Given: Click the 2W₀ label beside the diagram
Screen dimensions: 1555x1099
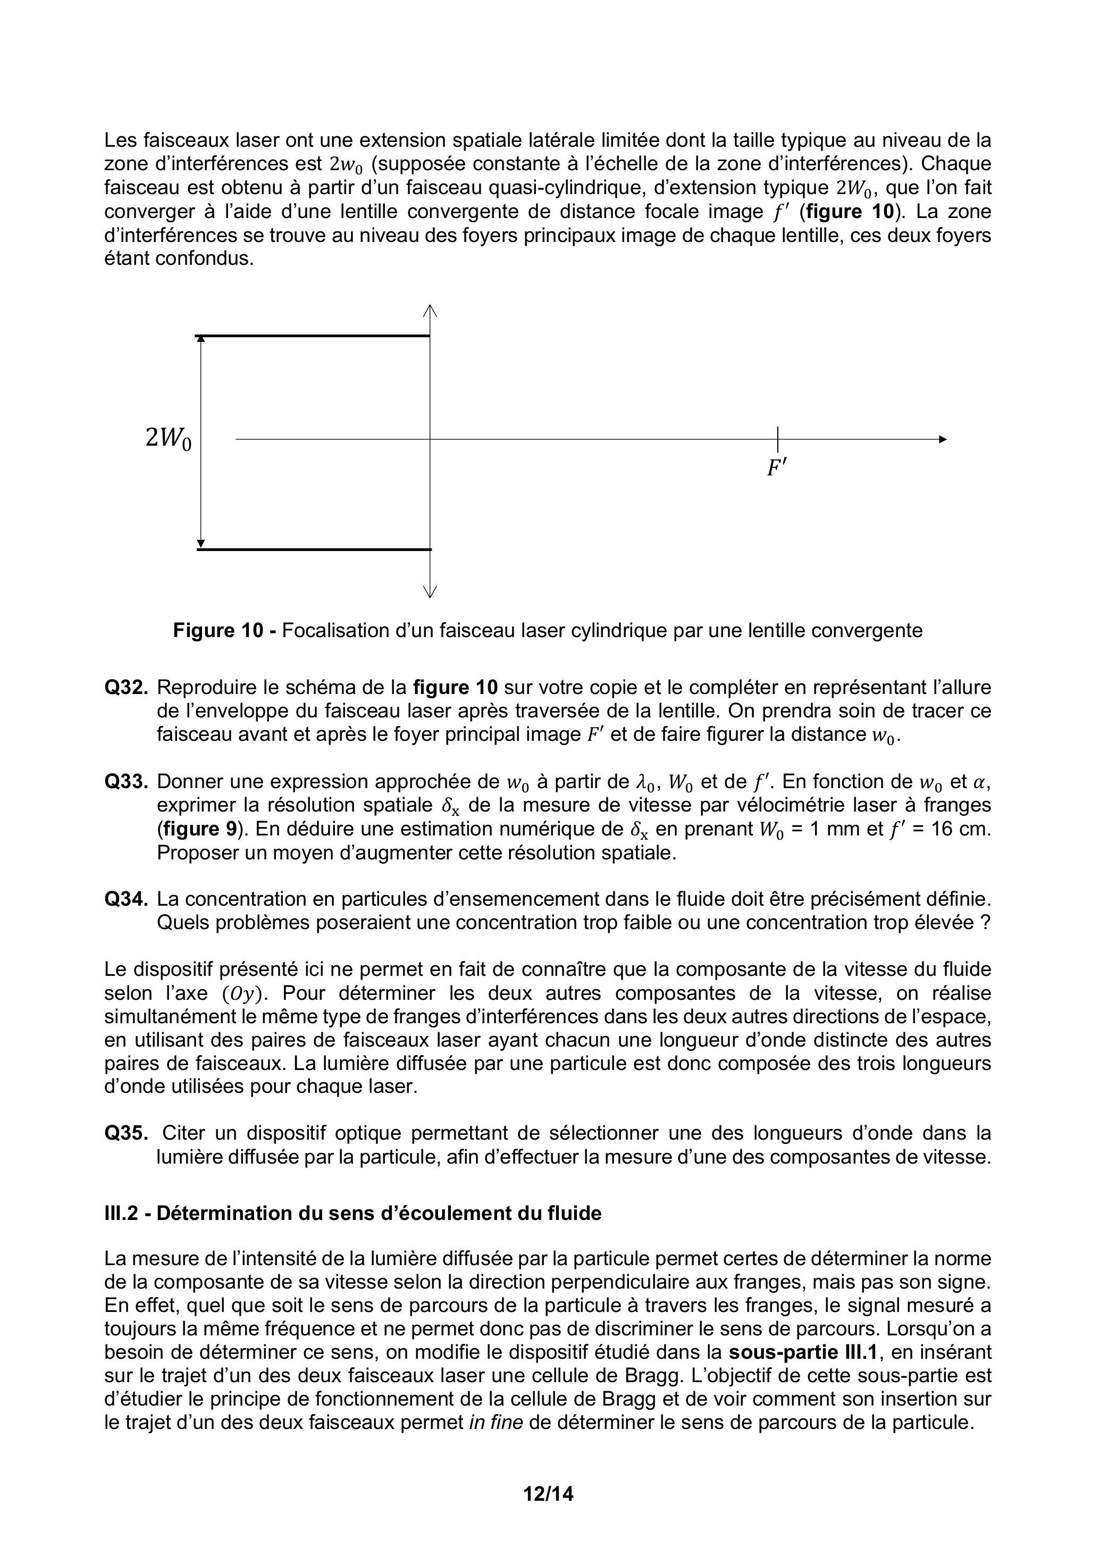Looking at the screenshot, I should [x=168, y=439].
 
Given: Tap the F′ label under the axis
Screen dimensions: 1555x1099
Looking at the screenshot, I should [x=776, y=467].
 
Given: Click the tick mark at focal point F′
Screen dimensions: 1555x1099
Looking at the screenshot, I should [x=777, y=439].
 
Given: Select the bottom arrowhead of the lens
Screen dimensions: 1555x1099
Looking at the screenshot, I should [x=430, y=592].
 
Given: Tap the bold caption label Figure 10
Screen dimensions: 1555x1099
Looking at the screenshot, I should [x=217, y=631].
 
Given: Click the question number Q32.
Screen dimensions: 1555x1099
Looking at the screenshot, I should [x=126, y=688].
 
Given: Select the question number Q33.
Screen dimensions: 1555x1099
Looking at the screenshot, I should [x=126, y=782].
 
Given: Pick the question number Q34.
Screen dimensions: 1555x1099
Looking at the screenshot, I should [x=126, y=899].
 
